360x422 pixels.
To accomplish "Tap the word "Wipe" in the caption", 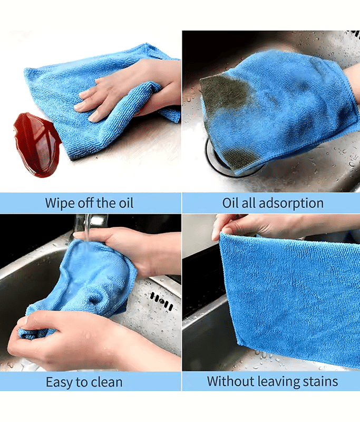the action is [60, 204].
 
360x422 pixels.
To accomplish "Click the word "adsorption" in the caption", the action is [291, 204].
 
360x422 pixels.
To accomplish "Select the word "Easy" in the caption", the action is [59, 382].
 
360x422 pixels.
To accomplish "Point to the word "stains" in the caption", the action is [320, 381].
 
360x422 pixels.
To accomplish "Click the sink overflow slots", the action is [161, 301].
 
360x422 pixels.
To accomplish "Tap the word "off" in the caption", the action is [86, 203].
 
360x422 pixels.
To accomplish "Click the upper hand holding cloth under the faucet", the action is [129, 249].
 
